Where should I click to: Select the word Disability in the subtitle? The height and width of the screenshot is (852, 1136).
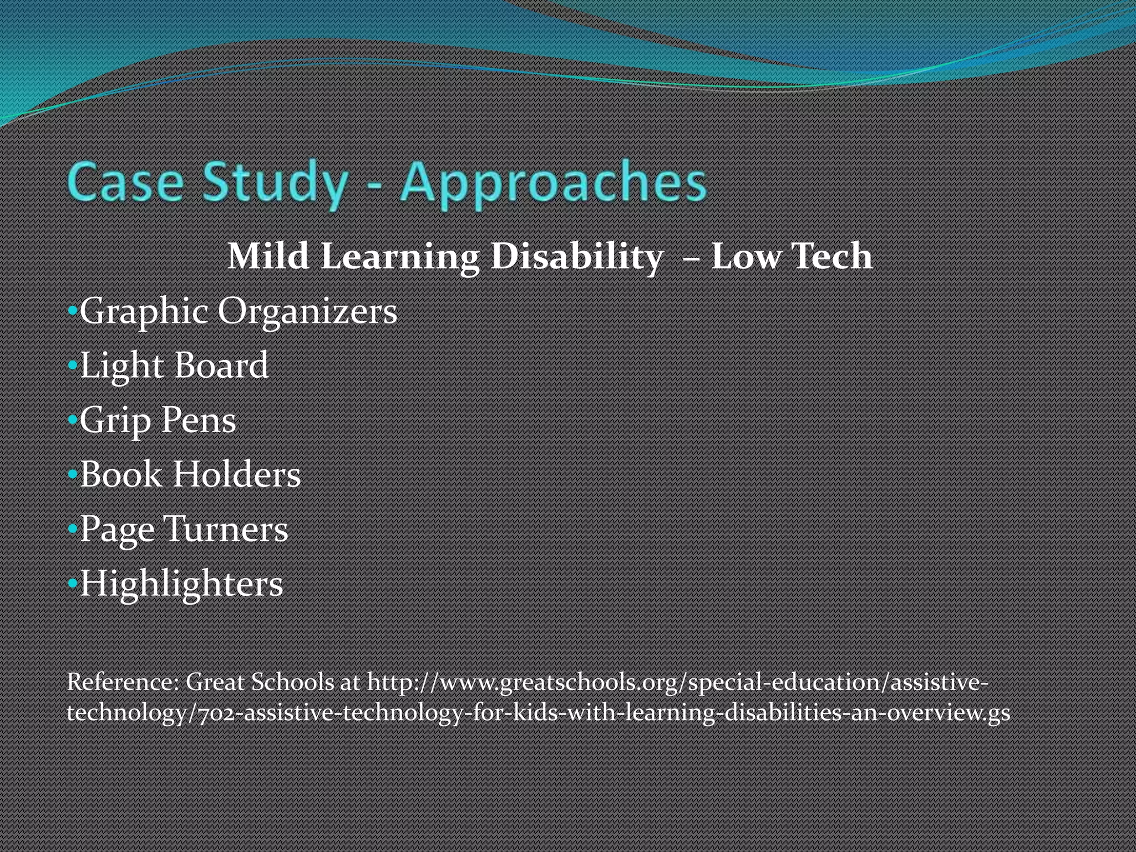577,256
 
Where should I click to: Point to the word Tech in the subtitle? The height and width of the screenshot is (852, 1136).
832,256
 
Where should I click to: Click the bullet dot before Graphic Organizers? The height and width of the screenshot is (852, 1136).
72,311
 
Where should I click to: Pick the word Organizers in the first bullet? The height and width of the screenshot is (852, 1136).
307,311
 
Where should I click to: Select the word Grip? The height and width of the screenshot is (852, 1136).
115,420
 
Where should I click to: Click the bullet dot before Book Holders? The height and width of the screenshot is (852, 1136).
72,475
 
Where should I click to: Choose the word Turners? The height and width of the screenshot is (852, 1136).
226,529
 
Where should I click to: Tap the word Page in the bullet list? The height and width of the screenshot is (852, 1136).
117,530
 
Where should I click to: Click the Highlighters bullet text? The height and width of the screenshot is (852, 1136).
181,584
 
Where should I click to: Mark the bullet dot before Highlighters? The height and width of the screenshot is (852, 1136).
72,584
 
